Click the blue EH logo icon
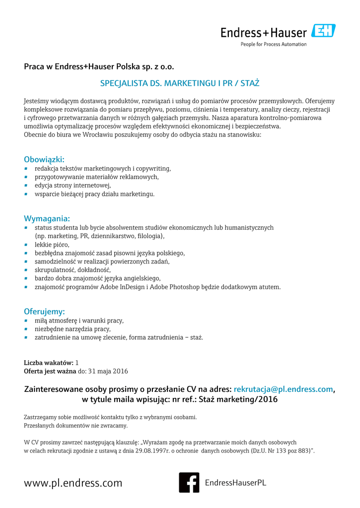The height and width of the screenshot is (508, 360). click(323, 31)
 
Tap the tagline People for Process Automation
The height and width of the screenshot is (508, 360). click(274, 44)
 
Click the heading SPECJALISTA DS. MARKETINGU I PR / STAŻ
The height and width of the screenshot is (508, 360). click(180, 82)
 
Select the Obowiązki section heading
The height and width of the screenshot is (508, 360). click(44, 159)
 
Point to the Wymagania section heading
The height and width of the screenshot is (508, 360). click(47, 218)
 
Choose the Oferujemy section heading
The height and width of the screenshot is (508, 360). click(44, 312)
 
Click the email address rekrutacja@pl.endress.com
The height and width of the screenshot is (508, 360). click(283, 389)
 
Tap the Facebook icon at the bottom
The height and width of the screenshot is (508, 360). click(189, 482)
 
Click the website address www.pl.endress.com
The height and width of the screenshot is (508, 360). click(73, 483)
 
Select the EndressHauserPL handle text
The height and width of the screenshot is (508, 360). click(235, 483)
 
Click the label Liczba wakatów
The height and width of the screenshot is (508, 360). click(49, 363)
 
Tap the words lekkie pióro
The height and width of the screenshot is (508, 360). click(52, 245)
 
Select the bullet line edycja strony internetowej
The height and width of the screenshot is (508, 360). click(69, 185)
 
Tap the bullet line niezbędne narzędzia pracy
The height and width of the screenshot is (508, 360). click(72, 329)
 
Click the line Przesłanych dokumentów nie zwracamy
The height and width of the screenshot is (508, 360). click(75, 425)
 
